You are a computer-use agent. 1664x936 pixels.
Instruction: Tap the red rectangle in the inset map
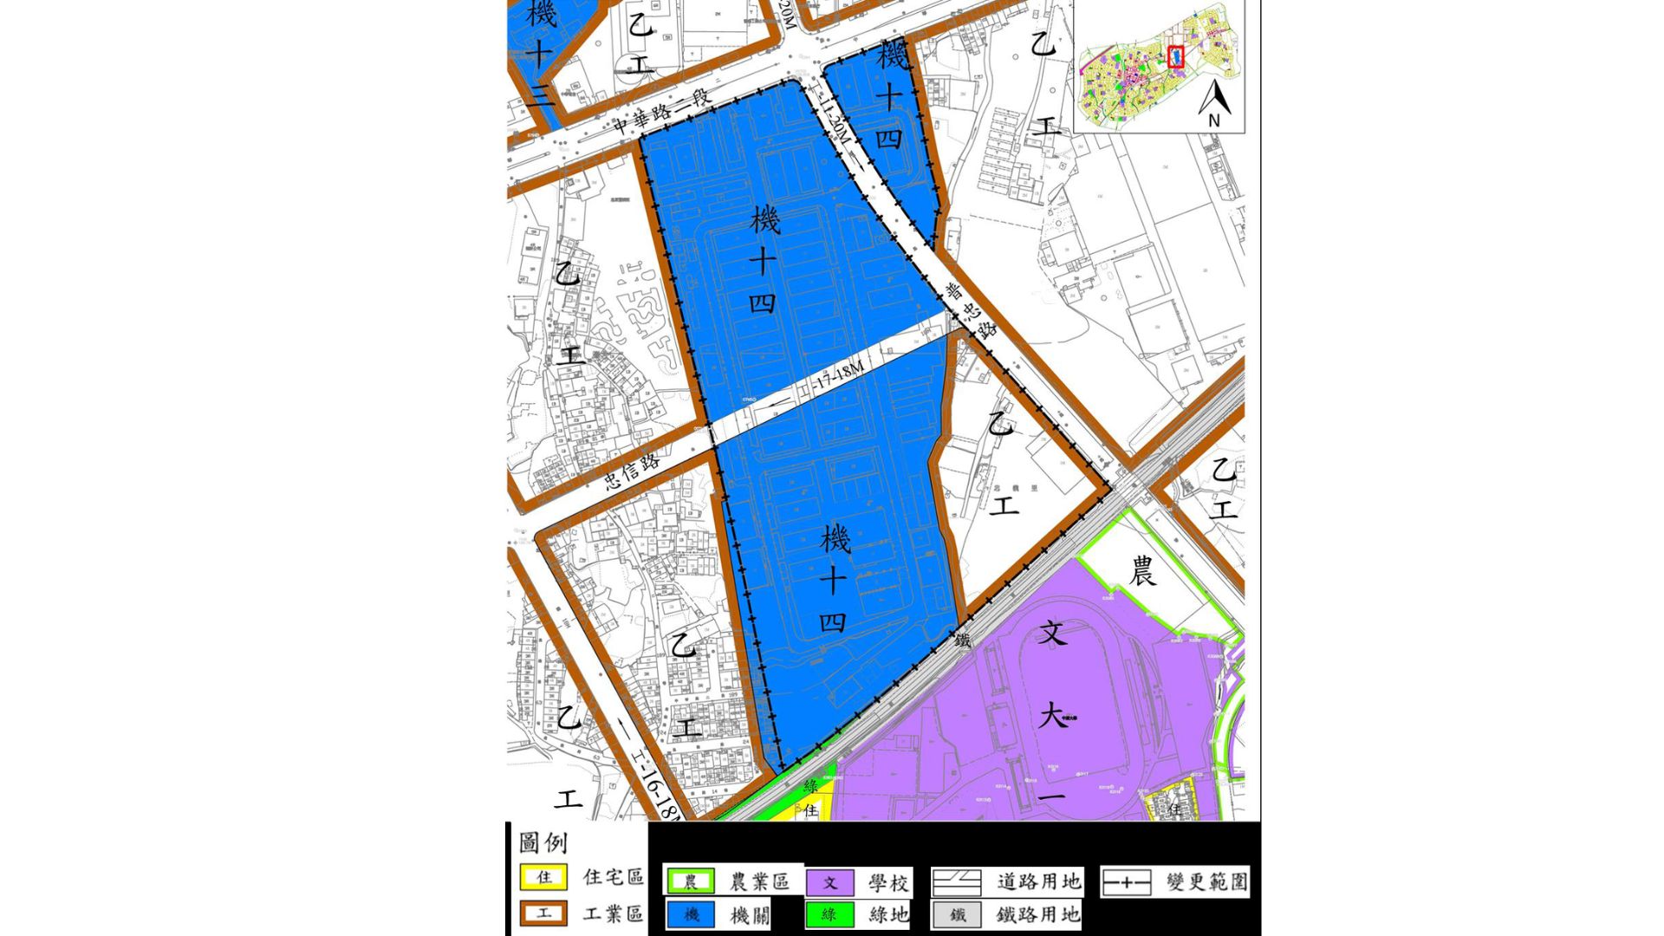pyautogui.click(x=1175, y=56)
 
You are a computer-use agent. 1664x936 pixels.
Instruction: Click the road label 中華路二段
pyautogui.click(x=662, y=111)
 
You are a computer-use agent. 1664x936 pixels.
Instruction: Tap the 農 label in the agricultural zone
pyautogui.click(x=1142, y=571)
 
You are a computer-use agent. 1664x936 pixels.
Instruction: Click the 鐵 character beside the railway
pyautogui.click(x=962, y=640)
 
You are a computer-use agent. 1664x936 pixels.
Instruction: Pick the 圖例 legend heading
pyautogui.click(x=543, y=842)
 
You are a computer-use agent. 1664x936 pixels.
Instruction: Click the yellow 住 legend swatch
pyautogui.click(x=543, y=877)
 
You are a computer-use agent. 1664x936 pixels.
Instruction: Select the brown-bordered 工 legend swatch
pyautogui.click(x=543, y=913)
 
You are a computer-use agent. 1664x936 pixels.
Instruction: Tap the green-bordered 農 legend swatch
pyautogui.click(x=691, y=882)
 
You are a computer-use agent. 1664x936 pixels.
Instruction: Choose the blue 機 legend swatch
pyautogui.click(x=691, y=914)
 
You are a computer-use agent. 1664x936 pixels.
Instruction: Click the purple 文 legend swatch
pyautogui.click(x=829, y=883)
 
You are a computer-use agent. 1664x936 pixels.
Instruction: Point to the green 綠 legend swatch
pyautogui.click(x=829, y=914)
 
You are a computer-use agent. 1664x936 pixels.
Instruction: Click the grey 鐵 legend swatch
pyautogui.click(x=957, y=914)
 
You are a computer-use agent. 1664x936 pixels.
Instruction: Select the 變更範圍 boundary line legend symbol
pyautogui.click(x=1126, y=883)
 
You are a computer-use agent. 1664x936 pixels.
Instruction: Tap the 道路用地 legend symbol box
pyautogui.click(x=957, y=883)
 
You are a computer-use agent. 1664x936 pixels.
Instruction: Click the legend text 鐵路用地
pyautogui.click(x=1037, y=914)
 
